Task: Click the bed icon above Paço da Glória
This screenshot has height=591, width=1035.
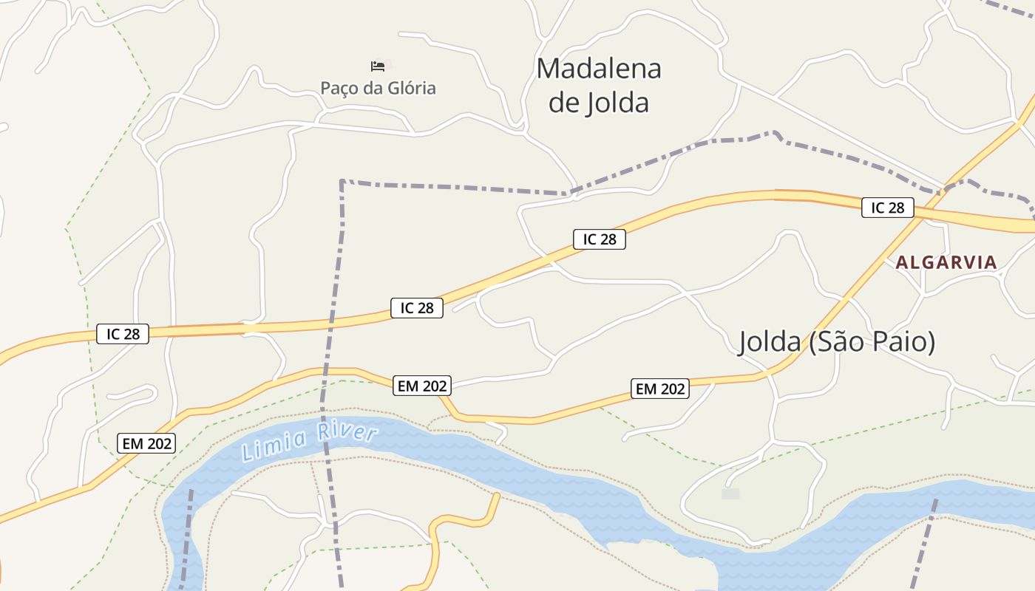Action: pos(378,66)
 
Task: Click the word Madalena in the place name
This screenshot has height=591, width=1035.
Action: pos(599,69)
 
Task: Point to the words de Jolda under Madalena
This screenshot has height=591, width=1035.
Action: pos(599,103)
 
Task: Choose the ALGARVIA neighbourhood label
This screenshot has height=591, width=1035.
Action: pos(946,262)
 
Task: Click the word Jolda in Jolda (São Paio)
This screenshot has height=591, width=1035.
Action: pos(769,342)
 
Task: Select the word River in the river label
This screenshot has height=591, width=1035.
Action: pos(347,431)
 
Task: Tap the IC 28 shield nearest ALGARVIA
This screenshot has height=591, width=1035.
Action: pos(887,208)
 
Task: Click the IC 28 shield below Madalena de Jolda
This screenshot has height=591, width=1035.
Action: pos(599,239)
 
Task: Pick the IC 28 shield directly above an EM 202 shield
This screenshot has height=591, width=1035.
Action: pos(417,308)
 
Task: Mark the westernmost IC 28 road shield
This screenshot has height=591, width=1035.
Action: pos(123,334)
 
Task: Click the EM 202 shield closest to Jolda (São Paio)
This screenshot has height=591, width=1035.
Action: pos(660,389)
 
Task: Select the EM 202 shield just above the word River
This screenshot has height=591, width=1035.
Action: pos(422,386)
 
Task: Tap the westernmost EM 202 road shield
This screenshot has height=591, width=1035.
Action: pos(146,443)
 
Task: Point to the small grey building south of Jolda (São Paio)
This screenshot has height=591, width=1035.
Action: pos(730,493)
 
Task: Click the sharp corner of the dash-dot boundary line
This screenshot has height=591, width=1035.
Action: pos(342,180)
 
